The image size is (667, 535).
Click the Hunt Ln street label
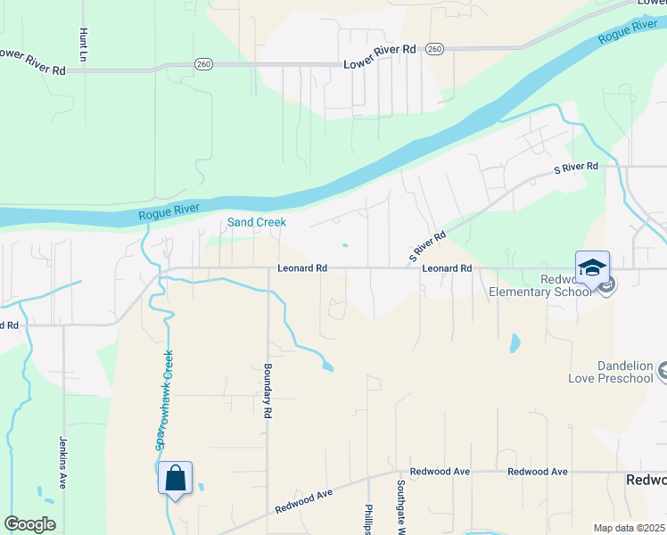84,44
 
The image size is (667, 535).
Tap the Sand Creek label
257,222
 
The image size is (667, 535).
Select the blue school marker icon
592,267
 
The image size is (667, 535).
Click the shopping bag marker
175,478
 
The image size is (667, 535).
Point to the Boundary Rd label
267,391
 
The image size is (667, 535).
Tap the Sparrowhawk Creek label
164,399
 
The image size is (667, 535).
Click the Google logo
29,524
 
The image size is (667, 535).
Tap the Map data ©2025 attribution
629,528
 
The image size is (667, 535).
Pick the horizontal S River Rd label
576,167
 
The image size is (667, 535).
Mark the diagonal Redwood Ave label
304,499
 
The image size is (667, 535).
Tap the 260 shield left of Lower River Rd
202,64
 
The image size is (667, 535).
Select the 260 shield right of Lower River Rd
434,48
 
